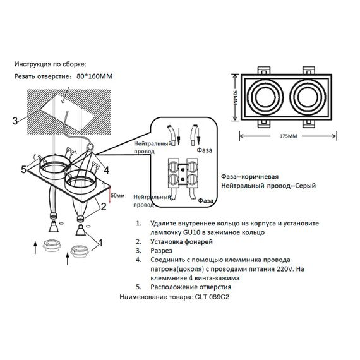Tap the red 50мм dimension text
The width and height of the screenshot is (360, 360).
(117, 196)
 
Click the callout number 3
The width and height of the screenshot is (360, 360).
(15, 121)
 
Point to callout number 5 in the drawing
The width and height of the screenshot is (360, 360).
(24, 169)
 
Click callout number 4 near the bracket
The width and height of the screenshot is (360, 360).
(106, 170)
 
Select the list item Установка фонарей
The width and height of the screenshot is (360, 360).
(179, 242)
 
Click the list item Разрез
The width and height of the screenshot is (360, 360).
(163, 251)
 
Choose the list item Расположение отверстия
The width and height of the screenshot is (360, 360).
(192, 286)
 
